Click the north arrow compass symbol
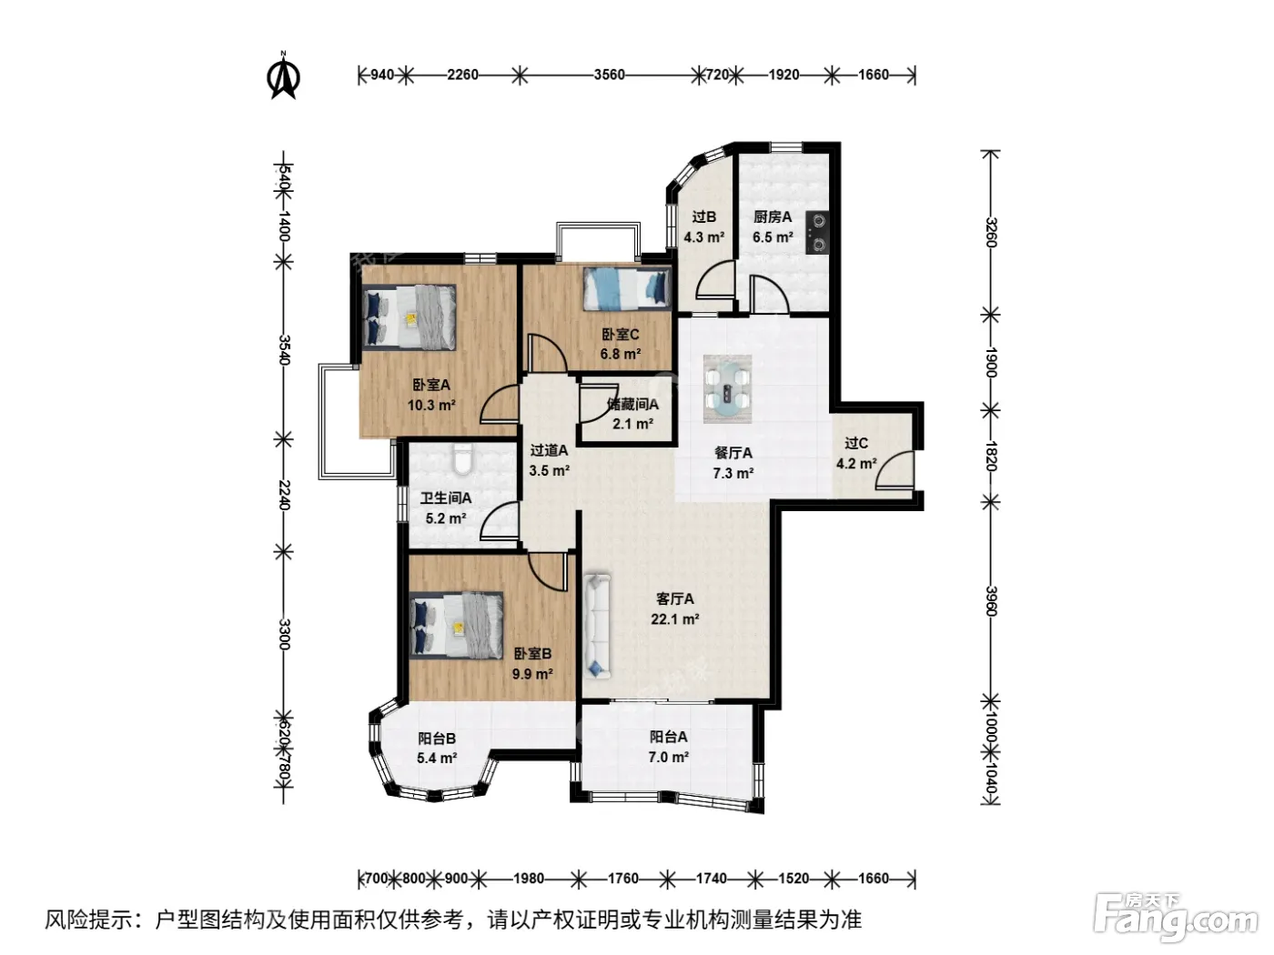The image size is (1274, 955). pyautogui.click(x=283, y=76)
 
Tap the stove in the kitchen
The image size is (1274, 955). pyautogui.click(x=818, y=233)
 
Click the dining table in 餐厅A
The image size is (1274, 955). pyautogui.click(x=727, y=388)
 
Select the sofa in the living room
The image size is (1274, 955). pyautogui.click(x=597, y=627)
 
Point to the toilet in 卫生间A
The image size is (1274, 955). pyautogui.click(x=463, y=459)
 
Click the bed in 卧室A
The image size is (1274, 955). pyautogui.click(x=409, y=317)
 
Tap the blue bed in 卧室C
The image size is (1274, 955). pyautogui.click(x=626, y=288)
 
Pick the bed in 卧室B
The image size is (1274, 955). pyautogui.click(x=456, y=625)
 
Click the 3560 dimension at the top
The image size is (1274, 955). pyautogui.click(x=609, y=75)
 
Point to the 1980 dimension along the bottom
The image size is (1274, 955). pyautogui.click(x=528, y=879)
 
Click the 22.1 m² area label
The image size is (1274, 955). pyautogui.click(x=674, y=618)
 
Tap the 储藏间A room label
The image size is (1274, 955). pyautogui.click(x=632, y=404)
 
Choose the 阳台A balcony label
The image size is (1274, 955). pyautogui.click(x=668, y=737)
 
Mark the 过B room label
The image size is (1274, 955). pyautogui.click(x=703, y=216)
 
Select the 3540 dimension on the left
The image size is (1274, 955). pyautogui.click(x=284, y=349)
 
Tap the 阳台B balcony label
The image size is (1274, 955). pyautogui.click(x=437, y=739)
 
